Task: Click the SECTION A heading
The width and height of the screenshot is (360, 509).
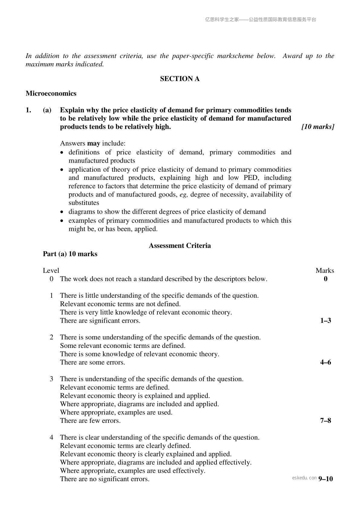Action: (x=180, y=79)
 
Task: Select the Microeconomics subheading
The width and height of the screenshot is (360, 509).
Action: (x=51, y=93)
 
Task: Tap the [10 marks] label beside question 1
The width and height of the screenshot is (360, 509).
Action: (x=318, y=127)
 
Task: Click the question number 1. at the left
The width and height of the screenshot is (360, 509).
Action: (x=28, y=110)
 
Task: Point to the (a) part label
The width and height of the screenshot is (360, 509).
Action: (x=47, y=110)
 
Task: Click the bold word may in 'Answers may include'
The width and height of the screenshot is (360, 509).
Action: (x=93, y=143)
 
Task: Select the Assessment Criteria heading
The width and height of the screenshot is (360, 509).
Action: (x=180, y=245)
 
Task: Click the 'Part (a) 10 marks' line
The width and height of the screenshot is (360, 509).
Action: (x=70, y=254)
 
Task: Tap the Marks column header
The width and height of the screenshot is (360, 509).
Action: (x=325, y=271)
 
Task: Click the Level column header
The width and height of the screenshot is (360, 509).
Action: (x=51, y=271)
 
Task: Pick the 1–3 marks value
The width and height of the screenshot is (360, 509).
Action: (x=326, y=321)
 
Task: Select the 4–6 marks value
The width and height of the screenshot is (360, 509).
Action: (x=326, y=362)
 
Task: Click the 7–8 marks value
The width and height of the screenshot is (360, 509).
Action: (x=326, y=421)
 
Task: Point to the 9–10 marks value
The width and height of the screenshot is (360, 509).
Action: (x=326, y=479)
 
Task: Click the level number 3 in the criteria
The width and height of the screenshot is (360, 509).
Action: (x=52, y=379)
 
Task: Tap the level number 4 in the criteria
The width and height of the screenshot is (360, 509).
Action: (x=52, y=437)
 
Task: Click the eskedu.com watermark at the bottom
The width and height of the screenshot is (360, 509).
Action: (x=304, y=478)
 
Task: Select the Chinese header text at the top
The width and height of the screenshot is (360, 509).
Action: (x=261, y=20)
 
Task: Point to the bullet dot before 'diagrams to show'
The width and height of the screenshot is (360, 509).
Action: (x=62, y=212)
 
